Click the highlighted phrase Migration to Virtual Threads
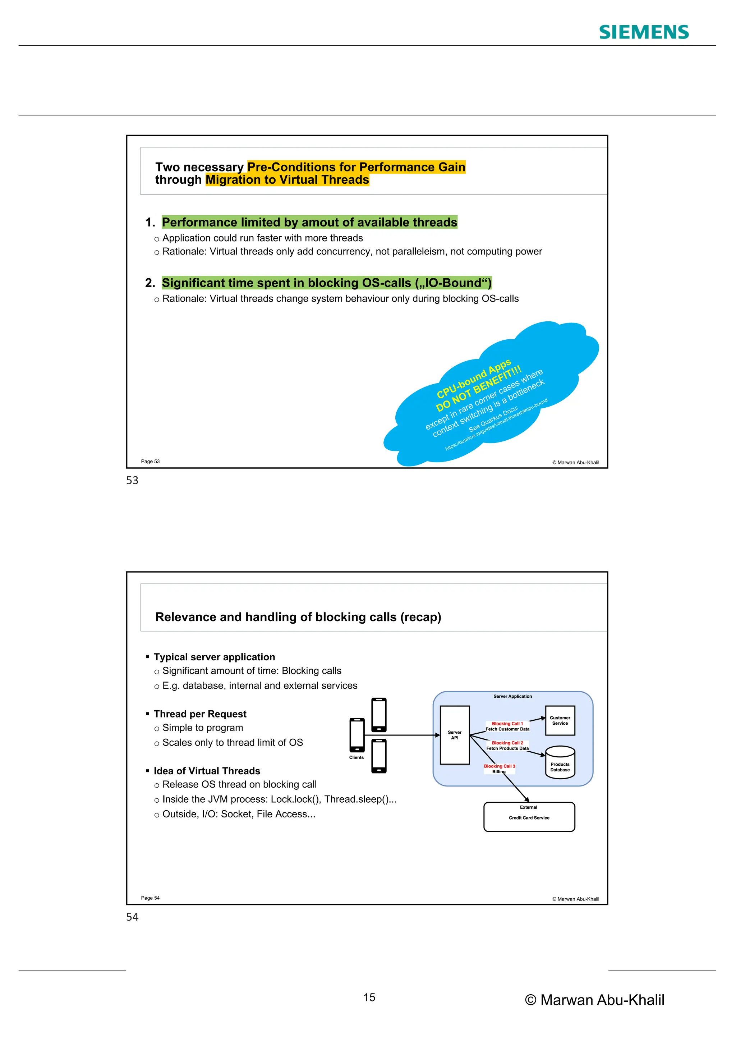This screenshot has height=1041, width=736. click(287, 180)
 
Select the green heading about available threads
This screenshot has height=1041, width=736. click(309, 222)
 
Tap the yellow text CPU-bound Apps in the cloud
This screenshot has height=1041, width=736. click(474, 379)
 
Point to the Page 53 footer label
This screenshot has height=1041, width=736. click(150, 462)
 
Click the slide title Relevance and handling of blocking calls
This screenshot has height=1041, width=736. click(298, 617)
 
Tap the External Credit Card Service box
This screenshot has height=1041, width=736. click(529, 817)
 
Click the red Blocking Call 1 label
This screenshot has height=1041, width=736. click(507, 724)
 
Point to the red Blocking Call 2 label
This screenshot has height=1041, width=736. click(507, 743)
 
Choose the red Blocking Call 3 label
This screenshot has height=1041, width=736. click(500, 766)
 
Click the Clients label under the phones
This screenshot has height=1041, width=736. click(356, 758)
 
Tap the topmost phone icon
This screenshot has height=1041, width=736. click(379, 715)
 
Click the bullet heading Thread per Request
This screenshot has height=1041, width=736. click(200, 714)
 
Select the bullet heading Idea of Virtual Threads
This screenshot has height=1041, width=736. click(207, 771)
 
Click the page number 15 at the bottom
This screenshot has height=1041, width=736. click(369, 998)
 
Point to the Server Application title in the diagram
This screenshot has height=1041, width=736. click(512, 696)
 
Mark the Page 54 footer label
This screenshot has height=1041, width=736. click(150, 898)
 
